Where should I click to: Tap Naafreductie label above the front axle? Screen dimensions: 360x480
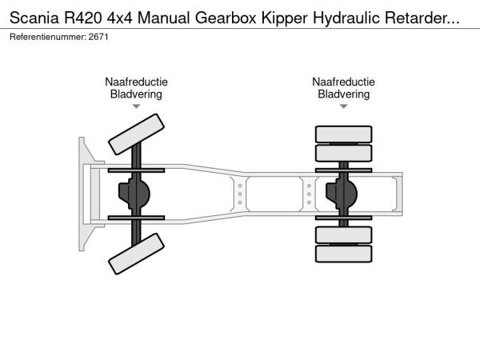click(x=136, y=82)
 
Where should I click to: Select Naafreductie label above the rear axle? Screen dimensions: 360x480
click(x=343, y=82)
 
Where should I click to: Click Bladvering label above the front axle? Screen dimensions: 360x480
click(x=136, y=94)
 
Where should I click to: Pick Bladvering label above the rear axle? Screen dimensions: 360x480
click(x=343, y=94)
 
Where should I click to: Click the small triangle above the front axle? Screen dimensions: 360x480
click(x=136, y=106)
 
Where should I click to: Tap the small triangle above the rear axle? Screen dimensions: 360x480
click(x=343, y=106)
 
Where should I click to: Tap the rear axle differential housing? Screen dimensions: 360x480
click(x=345, y=193)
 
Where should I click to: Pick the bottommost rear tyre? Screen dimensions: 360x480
click(x=343, y=254)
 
